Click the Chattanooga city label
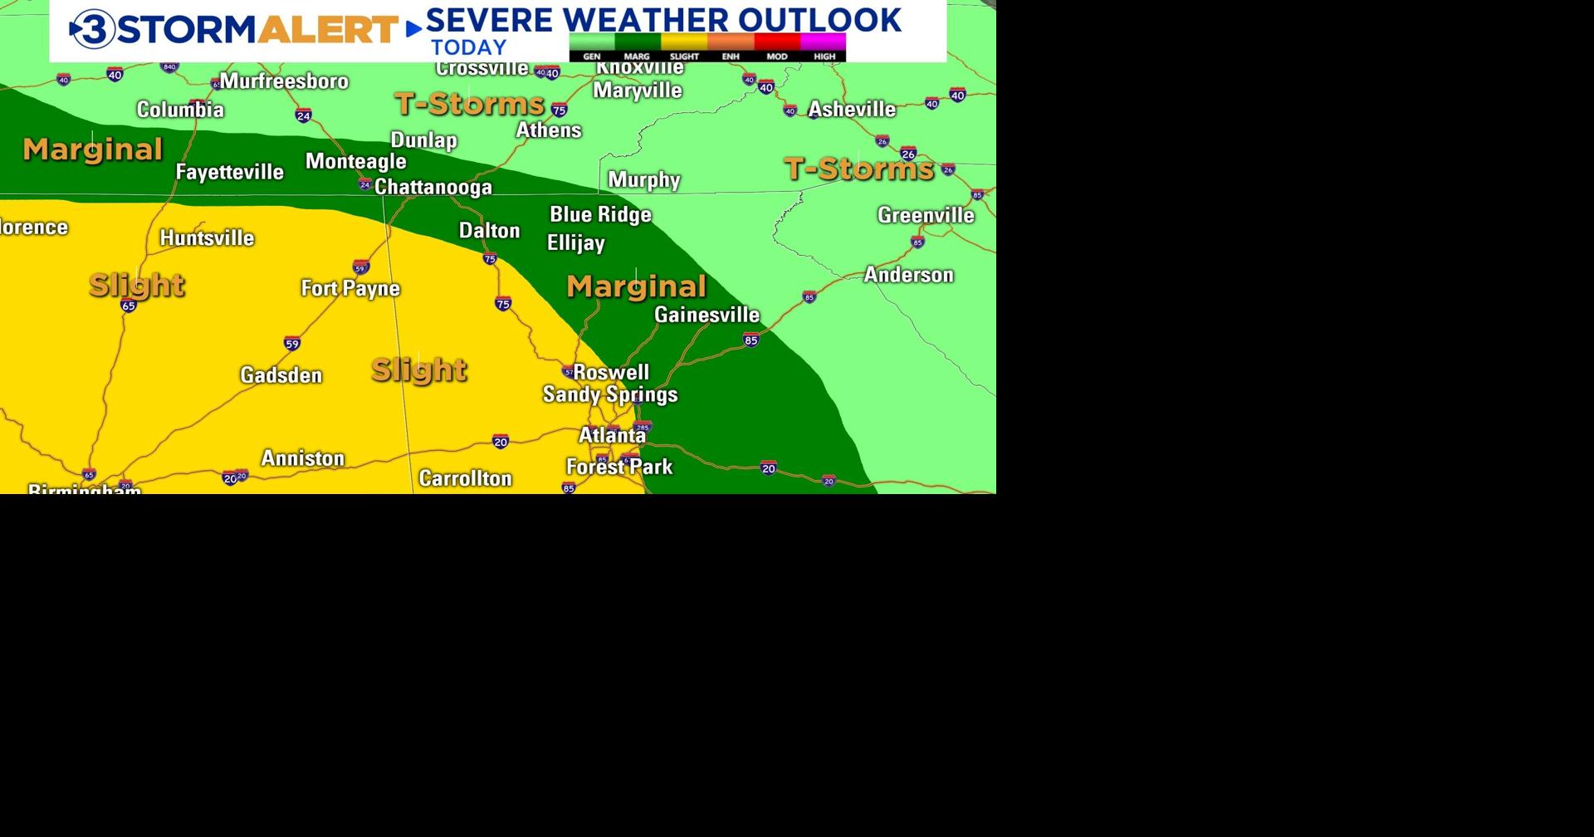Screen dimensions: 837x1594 click(433, 188)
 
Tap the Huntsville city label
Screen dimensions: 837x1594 click(207, 238)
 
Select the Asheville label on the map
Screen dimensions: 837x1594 click(852, 110)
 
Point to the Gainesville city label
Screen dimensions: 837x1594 click(707, 315)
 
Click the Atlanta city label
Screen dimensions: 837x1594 click(612, 435)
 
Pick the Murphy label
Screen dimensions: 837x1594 click(644, 180)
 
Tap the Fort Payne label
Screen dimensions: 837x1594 click(350, 289)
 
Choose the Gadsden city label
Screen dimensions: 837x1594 click(281, 375)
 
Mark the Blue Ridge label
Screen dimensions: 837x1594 click(600, 215)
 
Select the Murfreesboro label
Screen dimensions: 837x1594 click(284, 81)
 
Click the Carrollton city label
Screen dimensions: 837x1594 click(465, 478)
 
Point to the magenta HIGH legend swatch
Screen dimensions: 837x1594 click(823, 42)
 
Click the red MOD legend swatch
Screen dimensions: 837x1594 click(776, 42)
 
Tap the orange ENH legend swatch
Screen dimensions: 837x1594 click(731, 42)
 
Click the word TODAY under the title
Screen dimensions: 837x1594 click(468, 48)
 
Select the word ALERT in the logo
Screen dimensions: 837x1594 click(328, 30)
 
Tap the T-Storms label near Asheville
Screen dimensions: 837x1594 click(859, 169)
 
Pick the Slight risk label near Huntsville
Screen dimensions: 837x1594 click(137, 286)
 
